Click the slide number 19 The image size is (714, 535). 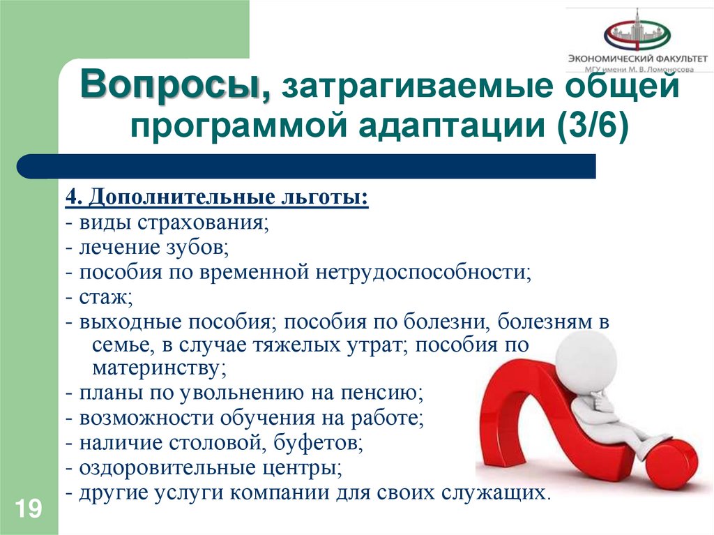[x=27, y=508]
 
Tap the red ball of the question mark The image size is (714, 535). [x=669, y=466]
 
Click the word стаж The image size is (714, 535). [x=105, y=296]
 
